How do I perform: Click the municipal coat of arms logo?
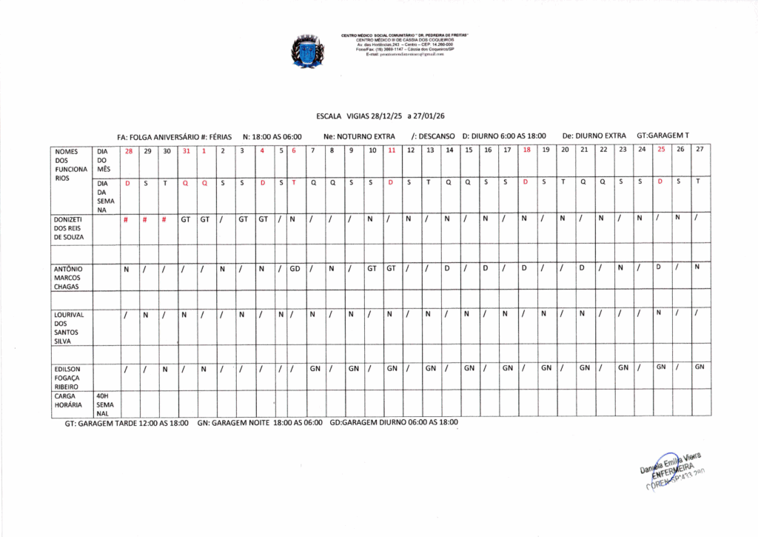(x=307, y=51)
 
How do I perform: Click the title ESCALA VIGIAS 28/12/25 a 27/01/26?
(x=380, y=116)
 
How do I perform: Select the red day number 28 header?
(x=128, y=150)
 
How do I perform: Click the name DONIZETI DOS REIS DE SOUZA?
(x=70, y=228)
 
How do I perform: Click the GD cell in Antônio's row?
(x=294, y=268)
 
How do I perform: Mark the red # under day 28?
(x=128, y=219)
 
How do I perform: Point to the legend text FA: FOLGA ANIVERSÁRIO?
(x=158, y=137)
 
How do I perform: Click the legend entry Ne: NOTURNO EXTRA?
(x=359, y=136)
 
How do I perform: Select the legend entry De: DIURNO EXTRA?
(x=593, y=136)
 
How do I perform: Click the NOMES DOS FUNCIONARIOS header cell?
(x=70, y=164)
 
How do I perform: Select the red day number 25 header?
(x=660, y=150)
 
